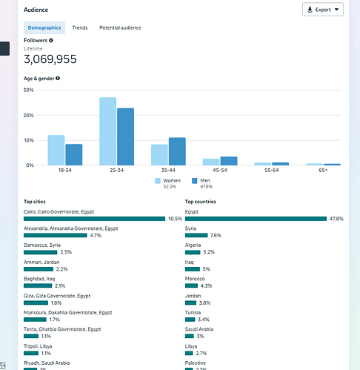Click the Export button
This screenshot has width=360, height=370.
coord(323,10)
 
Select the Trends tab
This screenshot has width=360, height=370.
coord(79,27)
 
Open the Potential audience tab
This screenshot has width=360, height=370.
coord(120,27)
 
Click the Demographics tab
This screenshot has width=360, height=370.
coord(44,27)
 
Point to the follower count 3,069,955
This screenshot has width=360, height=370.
coord(50,59)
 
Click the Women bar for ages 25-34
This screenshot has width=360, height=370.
coord(107,131)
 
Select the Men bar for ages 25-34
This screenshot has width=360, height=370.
coord(125,136)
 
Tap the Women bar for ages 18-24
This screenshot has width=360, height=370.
coord(56,150)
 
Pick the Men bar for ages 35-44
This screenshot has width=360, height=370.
coord(177,151)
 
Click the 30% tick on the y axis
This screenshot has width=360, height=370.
coord(29,90)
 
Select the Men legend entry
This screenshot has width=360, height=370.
coord(203,180)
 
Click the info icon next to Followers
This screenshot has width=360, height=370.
coord(51,40)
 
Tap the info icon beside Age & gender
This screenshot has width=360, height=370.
coord(58,78)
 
